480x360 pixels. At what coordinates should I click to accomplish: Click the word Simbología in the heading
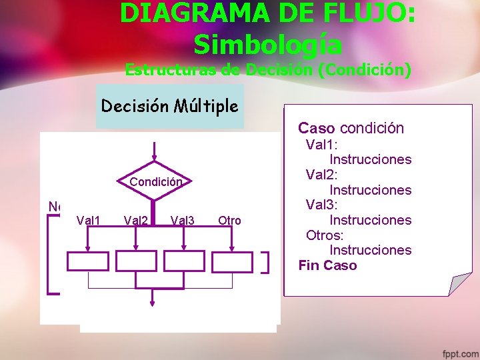pos(268,44)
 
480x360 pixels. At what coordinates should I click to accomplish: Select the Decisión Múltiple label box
pos(170,105)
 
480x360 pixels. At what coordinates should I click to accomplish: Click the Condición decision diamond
pos(155,181)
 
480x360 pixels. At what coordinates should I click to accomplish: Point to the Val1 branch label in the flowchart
pos(89,221)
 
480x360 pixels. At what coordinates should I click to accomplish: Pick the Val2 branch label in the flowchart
pos(135,221)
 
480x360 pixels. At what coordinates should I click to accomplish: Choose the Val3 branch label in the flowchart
pos(183,221)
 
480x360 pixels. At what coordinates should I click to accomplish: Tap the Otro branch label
pos(229,221)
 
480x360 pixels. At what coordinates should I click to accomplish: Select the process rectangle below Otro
pos(232,261)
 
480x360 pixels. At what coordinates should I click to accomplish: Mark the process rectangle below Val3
pos(184,261)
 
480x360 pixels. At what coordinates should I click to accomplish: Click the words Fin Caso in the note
pos(327,265)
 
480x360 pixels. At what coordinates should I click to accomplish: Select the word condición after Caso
pos(371,128)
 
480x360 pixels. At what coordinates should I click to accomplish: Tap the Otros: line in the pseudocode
pos(325,235)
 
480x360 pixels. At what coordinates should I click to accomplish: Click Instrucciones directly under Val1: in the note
pos(370,159)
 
